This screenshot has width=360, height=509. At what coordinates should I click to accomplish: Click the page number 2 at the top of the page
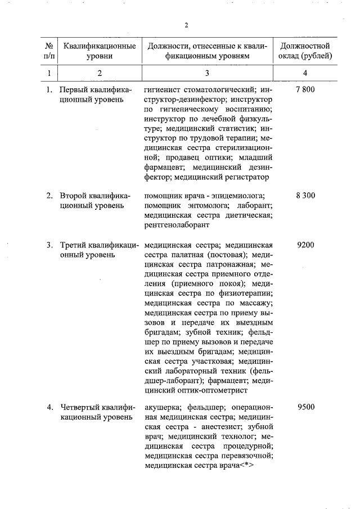click(186, 25)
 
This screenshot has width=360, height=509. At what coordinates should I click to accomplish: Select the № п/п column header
click(49, 51)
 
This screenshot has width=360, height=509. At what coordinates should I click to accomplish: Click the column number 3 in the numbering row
click(206, 73)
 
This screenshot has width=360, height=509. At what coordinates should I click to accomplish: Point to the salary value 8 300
click(304, 196)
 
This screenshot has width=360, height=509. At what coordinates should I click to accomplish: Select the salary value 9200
click(305, 245)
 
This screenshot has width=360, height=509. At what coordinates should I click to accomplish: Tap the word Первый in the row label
click(74, 90)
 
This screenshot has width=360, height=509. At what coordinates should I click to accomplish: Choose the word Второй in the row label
click(73, 196)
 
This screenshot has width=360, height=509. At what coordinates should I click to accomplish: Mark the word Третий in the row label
click(74, 245)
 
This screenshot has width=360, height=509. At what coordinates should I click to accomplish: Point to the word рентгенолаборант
click(177, 225)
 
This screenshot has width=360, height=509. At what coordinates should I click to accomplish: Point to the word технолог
click(227, 436)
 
